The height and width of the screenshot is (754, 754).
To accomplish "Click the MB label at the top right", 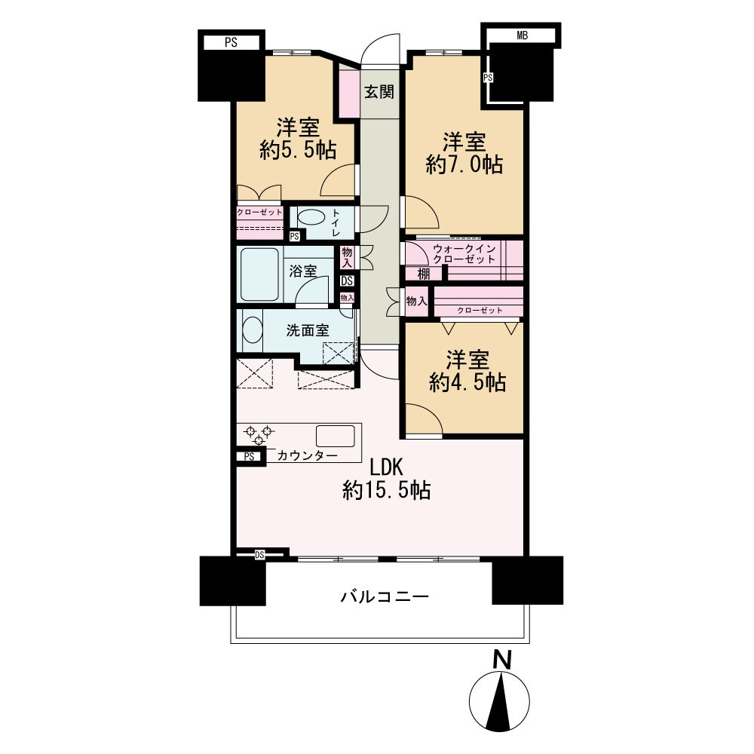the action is coord(523,35).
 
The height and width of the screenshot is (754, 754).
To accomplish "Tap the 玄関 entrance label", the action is coord(379,91).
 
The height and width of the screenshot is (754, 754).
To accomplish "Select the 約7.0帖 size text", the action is coord(464,165).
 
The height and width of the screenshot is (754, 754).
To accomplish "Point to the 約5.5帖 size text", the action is coord(298,151).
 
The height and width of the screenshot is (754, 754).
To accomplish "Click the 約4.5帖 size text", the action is coord(467,382).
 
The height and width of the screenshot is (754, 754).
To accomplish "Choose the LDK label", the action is coord(385,467).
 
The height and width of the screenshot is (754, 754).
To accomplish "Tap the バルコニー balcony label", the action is coord(385,596).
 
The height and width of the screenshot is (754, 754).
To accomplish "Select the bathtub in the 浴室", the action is coord(259,274).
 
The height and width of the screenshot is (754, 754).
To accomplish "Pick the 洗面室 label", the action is coord(308,330).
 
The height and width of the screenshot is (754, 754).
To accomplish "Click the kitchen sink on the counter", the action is coord(336,436).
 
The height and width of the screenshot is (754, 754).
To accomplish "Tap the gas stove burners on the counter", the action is coord(259,435).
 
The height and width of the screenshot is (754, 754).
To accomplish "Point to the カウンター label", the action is coord(308,455).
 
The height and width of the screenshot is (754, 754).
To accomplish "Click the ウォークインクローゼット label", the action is coord(464,254).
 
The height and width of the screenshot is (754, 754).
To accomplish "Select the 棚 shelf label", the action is coord(424,274).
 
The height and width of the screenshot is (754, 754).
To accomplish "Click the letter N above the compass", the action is coord(502,660).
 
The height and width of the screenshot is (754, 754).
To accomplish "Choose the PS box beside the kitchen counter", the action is coord(249,457).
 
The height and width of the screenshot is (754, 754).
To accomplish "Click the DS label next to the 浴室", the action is coord(347,280).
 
